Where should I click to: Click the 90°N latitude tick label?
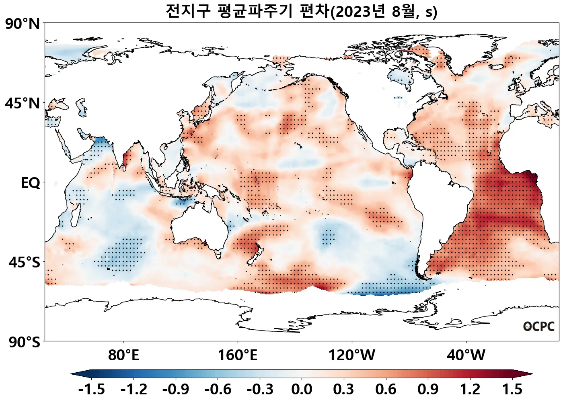pos(23,24)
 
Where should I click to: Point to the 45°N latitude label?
pos(23,103)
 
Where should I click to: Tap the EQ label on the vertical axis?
pos(31,183)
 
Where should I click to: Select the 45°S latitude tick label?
pos(24,263)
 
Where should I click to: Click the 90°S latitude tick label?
pos(24,342)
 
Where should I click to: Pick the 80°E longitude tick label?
pos(123,355)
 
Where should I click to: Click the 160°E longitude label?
pos(237,355)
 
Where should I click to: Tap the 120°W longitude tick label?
pos(352,355)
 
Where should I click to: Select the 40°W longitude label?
pos(466,355)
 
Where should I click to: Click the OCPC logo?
pos(538,326)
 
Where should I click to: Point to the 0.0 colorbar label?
pos(302,389)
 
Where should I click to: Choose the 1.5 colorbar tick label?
pos(512,389)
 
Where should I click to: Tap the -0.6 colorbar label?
pos(218,389)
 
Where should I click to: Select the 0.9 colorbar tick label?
pos(428,389)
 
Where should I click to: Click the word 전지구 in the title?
pos(188,11)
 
